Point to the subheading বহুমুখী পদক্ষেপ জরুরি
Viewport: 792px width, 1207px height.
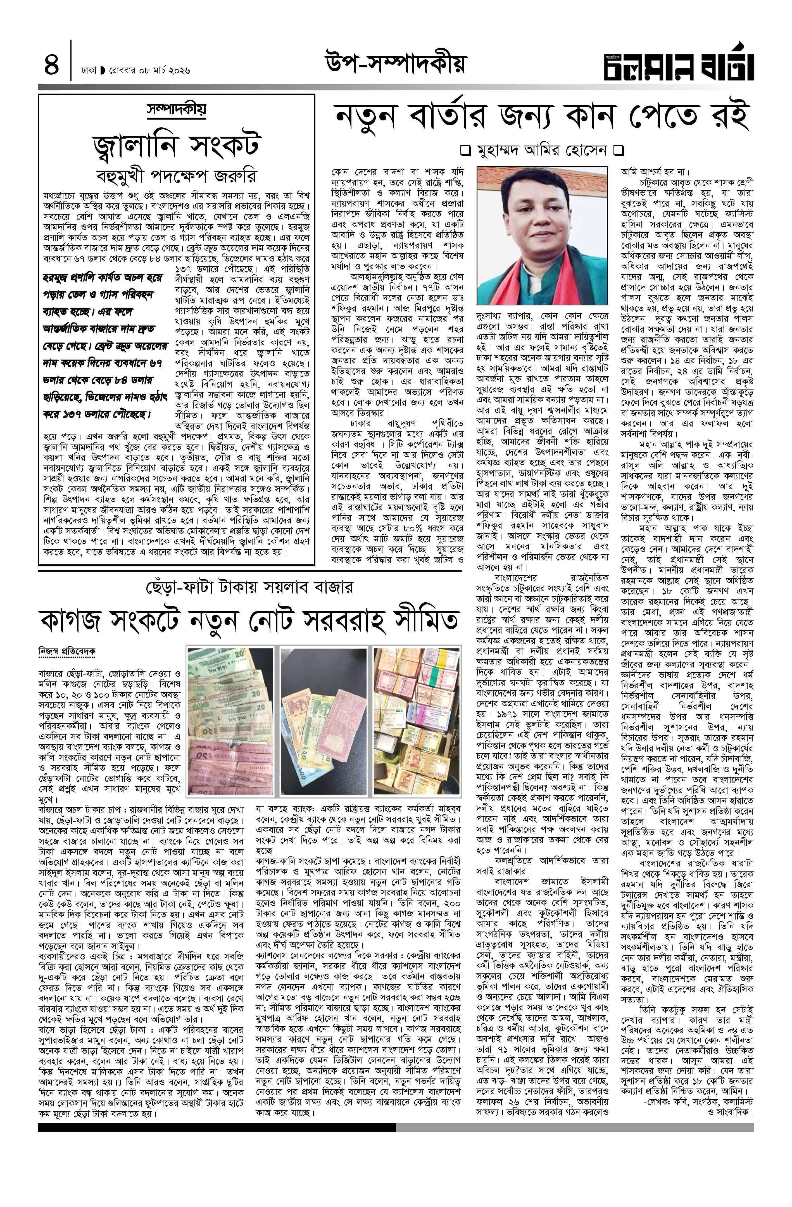177,175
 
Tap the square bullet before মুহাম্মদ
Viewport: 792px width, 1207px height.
464,151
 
